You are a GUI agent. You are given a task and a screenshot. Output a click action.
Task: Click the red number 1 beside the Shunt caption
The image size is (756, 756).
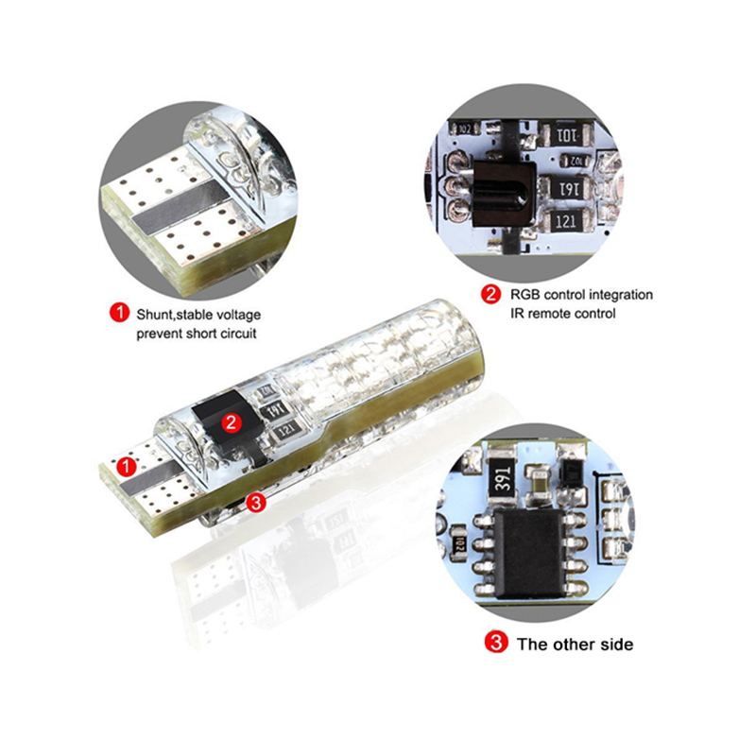[120, 313]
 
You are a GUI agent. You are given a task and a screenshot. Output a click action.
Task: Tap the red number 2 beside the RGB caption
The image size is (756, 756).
[490, 294]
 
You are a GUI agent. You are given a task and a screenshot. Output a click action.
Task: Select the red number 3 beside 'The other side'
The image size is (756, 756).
[496, 643]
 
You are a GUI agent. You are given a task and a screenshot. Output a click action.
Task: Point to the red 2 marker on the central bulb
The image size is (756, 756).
[232, 422]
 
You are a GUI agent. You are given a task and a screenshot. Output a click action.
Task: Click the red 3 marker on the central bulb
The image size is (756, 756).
[256, 503]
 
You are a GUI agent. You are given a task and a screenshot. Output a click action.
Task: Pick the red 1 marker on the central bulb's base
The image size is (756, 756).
[127, 466]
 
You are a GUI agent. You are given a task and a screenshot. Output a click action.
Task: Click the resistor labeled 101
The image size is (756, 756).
[566, 134]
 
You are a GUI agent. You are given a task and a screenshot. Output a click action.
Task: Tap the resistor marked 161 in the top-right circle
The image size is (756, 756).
[566, 189]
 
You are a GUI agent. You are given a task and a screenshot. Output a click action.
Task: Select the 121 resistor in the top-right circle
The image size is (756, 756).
[565, 222]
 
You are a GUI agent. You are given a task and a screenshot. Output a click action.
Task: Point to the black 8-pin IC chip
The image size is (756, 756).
[529, 555]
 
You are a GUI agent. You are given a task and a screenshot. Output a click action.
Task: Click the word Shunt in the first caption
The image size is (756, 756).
[154, 315]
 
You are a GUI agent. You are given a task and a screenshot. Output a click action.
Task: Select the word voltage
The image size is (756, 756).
[238, 315]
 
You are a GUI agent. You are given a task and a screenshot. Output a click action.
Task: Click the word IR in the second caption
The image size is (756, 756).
[516, 314]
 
